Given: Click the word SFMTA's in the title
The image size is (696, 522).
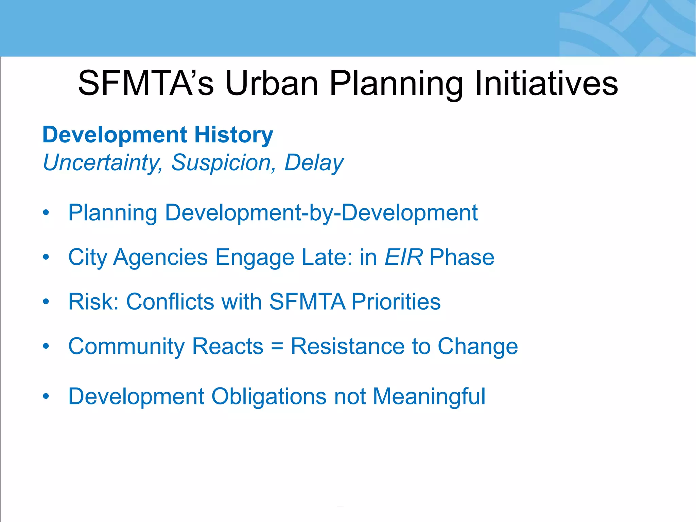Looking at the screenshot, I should [146, 83].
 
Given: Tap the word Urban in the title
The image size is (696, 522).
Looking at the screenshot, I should [272, 83].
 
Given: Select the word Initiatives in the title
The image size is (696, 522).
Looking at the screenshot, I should [546, 83].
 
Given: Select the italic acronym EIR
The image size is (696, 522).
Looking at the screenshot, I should [404, 257].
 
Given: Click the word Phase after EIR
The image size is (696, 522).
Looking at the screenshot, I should [462, 257].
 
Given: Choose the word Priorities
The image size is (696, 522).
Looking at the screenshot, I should [396, 301].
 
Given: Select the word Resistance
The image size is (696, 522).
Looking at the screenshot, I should [348, 346].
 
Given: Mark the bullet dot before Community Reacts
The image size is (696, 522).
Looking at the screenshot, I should [46, 346].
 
